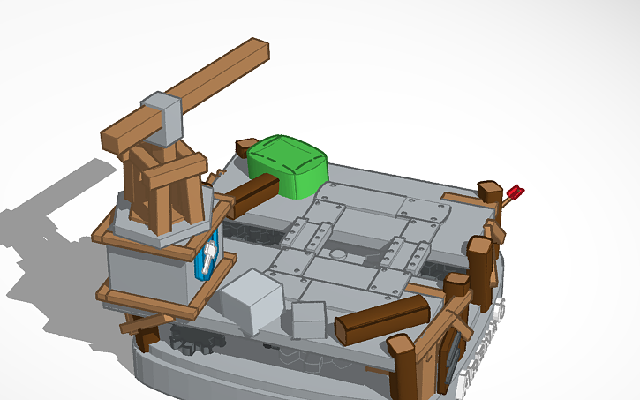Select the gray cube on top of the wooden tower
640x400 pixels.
[x=161, y=117]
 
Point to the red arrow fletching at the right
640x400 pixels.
[x=516, y=191]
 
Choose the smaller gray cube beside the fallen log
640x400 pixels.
[x=309, y=320]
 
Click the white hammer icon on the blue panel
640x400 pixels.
[x=208, y=258]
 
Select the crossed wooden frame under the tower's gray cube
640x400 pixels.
[x=163, y=181]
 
